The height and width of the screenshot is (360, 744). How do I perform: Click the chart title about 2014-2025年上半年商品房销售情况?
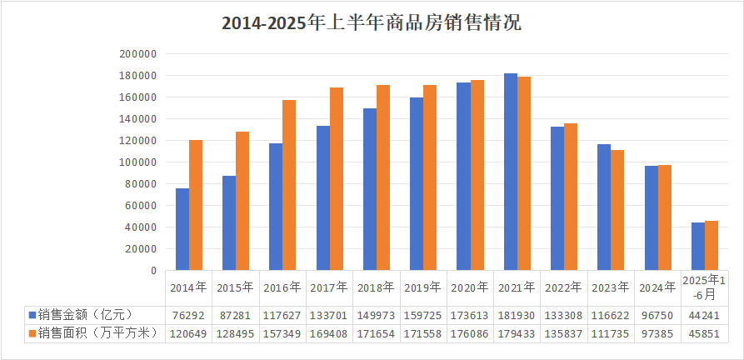(x=372, y=22)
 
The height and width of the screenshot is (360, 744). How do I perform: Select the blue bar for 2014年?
(x=182, y=229)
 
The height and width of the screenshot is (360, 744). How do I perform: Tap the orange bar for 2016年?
(x=289, y=185)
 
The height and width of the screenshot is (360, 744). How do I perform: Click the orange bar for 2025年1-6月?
(x=712, y=246)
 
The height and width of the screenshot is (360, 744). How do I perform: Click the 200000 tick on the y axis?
(x=138, y=54)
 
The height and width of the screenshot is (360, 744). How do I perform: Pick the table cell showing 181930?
(x=517, y=315)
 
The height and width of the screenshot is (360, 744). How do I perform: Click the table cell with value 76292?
(x=188, y=315)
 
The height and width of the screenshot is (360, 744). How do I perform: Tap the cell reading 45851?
(x=705, y=333)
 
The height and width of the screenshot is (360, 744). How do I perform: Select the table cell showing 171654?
(x=377, y=333)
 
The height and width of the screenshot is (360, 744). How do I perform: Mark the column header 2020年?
(x=470, y=287)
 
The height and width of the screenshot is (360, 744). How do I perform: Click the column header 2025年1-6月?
(x=705, y=287)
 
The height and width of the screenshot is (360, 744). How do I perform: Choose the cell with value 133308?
(x=564, y=315)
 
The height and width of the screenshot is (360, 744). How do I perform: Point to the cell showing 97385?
(x=658, y=333)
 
